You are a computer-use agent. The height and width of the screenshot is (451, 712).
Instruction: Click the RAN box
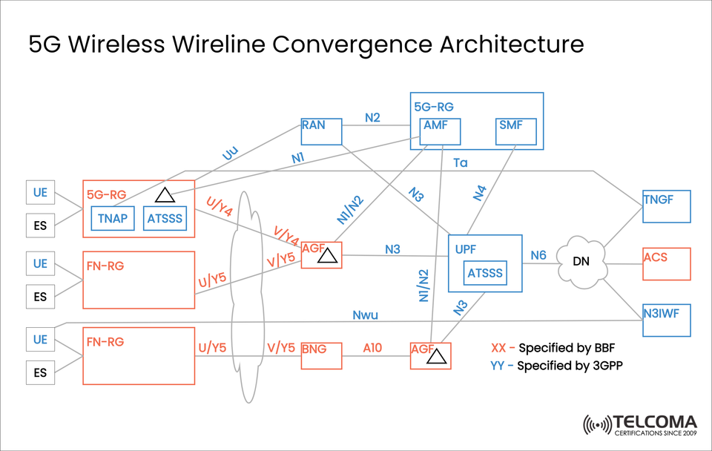(321, 131)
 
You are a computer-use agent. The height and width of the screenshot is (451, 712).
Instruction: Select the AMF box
(440, 131)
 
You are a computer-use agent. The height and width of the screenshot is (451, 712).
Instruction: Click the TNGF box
(666, 206)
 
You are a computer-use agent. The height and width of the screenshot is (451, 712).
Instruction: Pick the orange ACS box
(666, 264)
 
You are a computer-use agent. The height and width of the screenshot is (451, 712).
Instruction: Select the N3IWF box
(666, 320)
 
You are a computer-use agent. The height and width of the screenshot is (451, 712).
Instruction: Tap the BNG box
(321, 355)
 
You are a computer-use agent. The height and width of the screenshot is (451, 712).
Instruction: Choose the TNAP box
(113, 218)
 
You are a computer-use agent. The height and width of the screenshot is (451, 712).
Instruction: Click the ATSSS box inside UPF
(484, 274)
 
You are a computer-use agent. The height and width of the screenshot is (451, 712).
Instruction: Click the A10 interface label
(373, 347)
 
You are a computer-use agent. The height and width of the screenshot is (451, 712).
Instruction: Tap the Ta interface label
(461, 162)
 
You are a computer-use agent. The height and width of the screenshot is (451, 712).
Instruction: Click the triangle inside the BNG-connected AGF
(437, 358)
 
